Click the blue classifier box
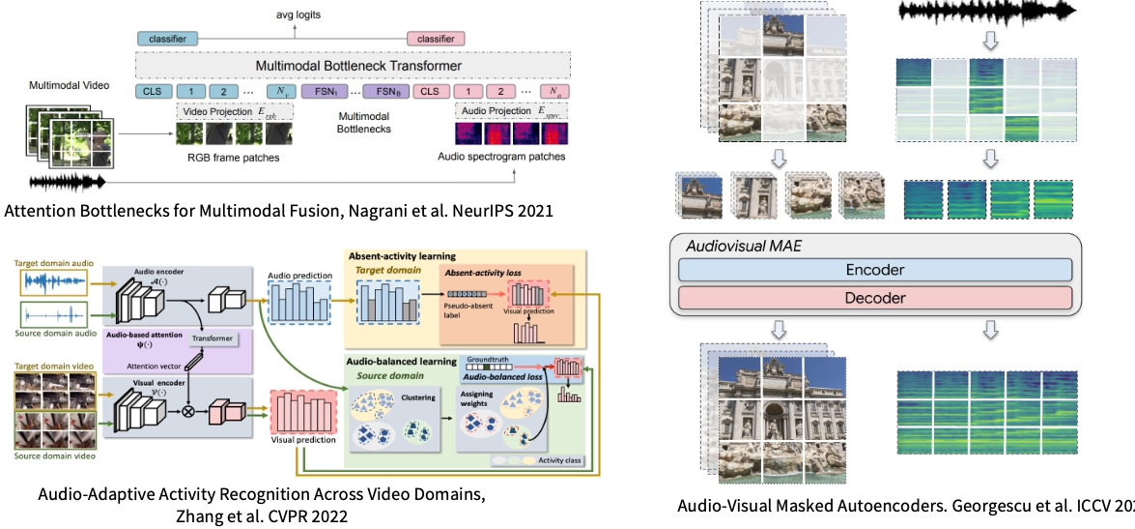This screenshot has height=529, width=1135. (x=167, y=39)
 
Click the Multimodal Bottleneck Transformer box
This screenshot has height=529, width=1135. (x=357, y=66)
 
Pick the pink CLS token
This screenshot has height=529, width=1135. (x=431, y=92)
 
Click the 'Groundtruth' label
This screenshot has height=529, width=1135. (x=494, y=359)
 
